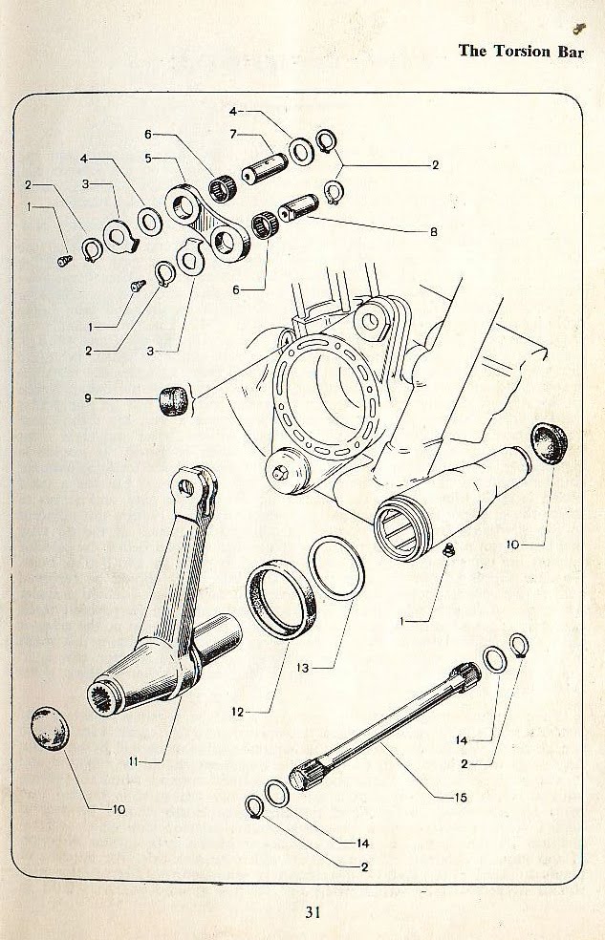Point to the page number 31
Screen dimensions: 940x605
313,911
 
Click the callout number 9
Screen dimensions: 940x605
86,399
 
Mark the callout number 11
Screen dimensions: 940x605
134,761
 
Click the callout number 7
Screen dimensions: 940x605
232,134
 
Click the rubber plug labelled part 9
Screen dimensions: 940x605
172,398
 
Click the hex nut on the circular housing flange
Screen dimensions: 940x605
283,471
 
